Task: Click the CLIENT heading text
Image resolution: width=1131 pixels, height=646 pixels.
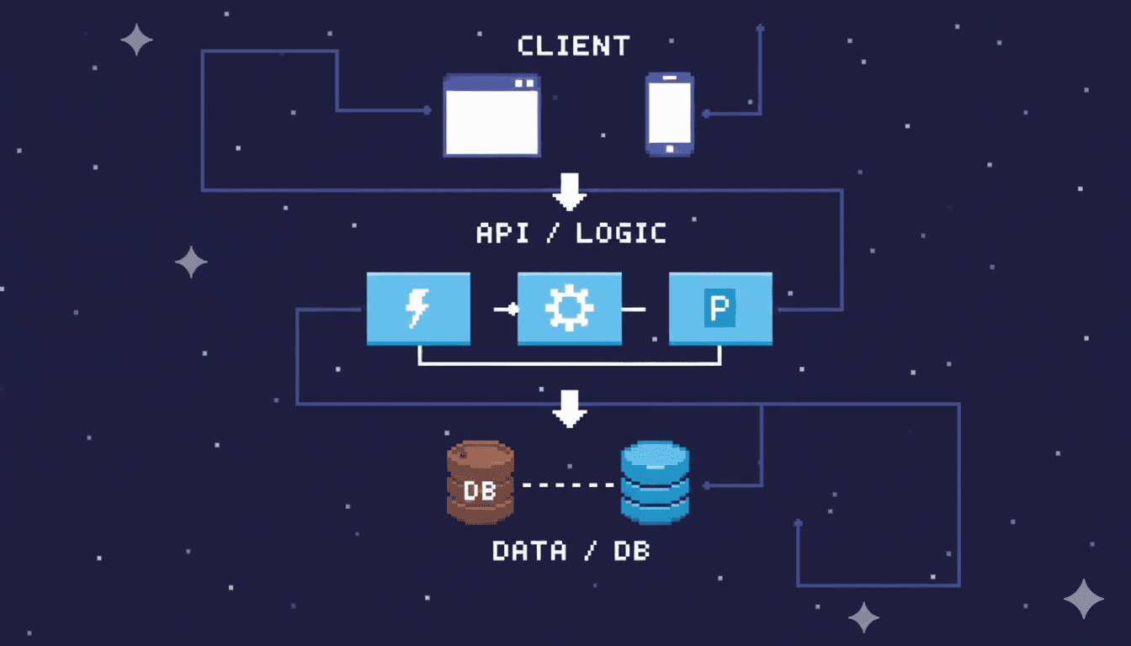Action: click(574, 45)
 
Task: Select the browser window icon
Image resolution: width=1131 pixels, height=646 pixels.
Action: click(492, 115)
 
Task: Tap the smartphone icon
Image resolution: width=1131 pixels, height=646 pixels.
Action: click(669, 114)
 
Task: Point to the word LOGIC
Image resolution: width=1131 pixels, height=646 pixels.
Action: click(621, 233)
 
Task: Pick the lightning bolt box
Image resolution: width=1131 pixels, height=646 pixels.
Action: click(418, 309)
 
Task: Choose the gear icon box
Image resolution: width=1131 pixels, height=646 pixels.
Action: click(570, 309)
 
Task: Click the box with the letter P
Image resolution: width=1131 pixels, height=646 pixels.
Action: click(720, 309)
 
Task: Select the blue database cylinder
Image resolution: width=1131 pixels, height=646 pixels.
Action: click(655, 483)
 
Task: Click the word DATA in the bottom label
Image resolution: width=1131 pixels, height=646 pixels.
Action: click(529, 552)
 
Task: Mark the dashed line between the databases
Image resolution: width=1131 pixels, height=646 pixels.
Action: click(568, 485)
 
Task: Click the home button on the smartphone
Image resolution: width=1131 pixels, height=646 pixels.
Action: click(670, 149)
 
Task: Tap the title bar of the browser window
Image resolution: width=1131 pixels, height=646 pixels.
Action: click(492, 82)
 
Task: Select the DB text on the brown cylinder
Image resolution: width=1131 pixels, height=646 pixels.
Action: click(480, 490)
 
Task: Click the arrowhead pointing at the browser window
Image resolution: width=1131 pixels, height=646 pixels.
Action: click(427, 110)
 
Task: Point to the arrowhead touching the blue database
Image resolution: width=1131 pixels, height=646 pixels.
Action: click(707, 485)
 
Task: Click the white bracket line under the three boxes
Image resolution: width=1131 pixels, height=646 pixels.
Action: click(570, 363)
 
